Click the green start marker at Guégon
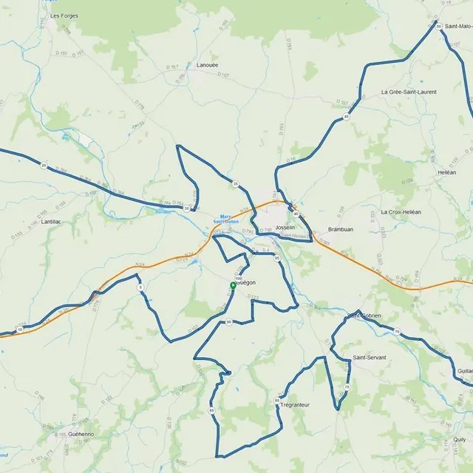point(233,285)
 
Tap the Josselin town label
point(285,228)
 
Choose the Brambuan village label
point(341,229)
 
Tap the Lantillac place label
point(52,221)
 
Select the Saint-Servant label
point(370,358)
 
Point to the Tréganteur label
point(296,404)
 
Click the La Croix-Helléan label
point(401,211)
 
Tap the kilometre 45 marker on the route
point(346,117)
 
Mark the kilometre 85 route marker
point(211,410)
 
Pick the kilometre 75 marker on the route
point(347,387)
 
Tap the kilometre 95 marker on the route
point(277,259)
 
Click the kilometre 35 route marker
point(236,183)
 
